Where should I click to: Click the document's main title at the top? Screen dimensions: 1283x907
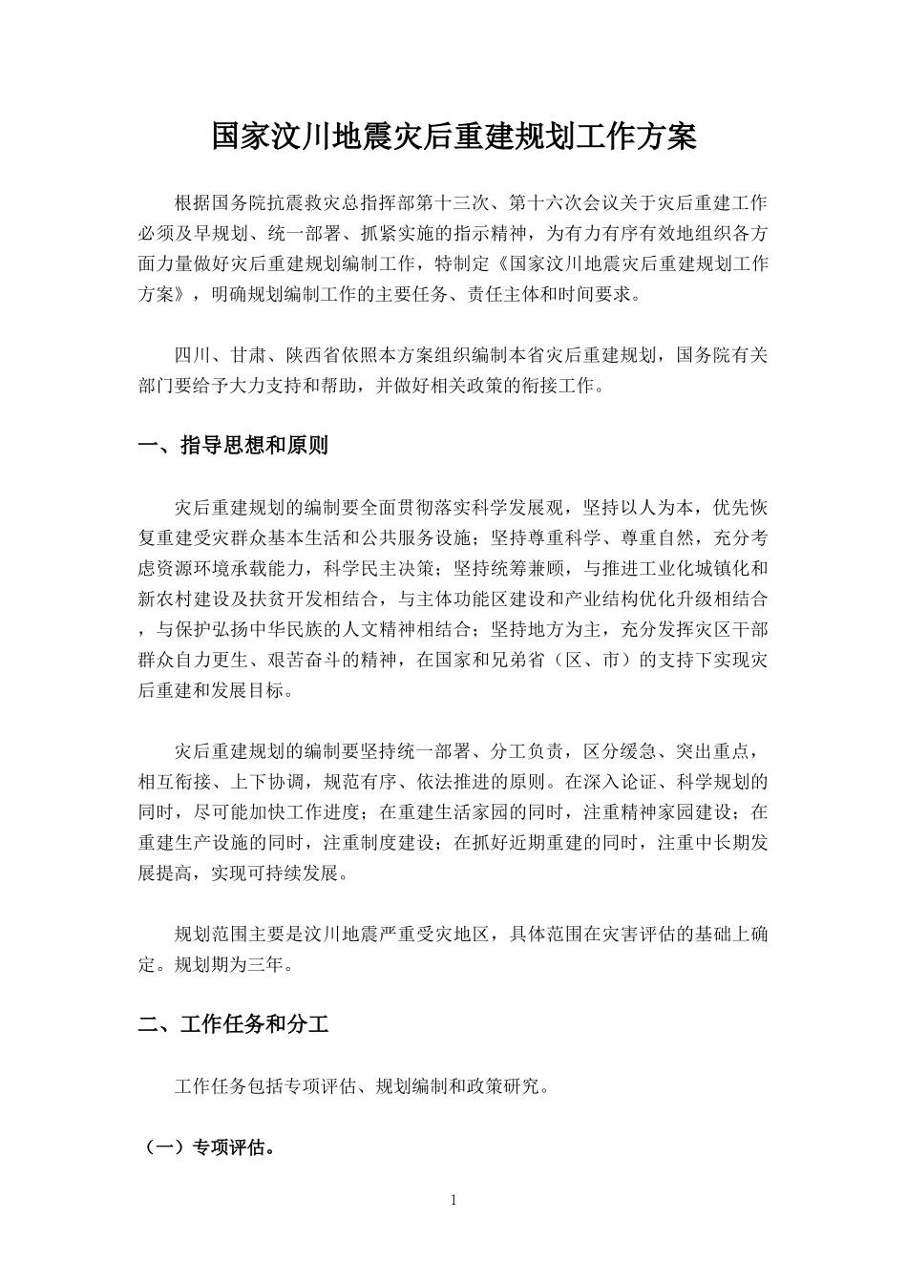coord(453,137)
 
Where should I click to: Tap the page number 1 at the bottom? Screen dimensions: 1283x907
coord(453,1200)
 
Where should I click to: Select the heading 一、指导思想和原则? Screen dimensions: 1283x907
coord(234,445)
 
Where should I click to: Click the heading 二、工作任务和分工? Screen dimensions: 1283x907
coord(234,1025)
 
